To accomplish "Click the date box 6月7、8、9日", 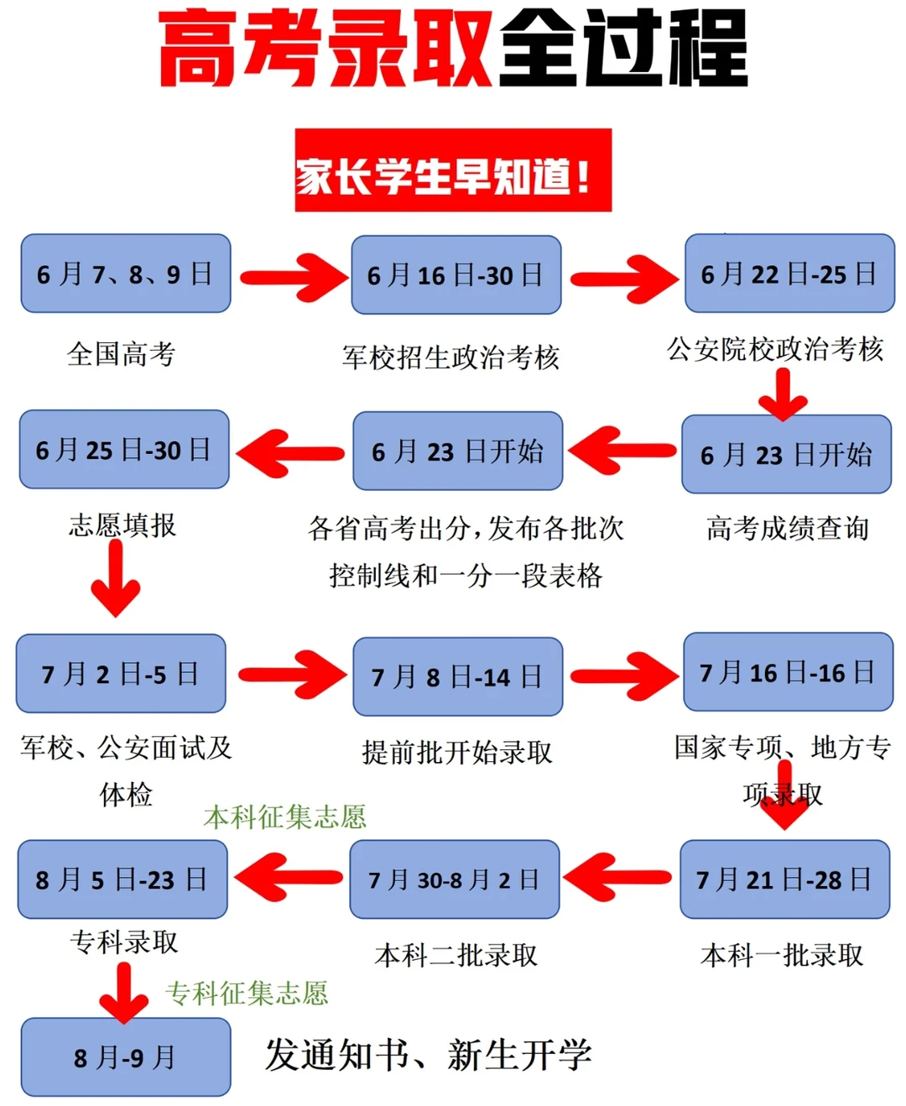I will point(126,274).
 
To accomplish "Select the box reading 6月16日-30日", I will point(456,275).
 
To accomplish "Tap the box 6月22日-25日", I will point(789,274).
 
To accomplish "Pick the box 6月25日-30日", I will point(124,450).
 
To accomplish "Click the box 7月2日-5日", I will point(121,674).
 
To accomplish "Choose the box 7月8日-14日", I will point(457,676).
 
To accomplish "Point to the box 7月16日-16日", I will point(788,672).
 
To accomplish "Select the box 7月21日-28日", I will point(784,879).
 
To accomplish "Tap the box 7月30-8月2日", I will point(454,879).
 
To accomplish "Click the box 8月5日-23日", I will point(122,879).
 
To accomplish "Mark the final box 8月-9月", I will point(126,1057).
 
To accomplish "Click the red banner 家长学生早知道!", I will point(453,170).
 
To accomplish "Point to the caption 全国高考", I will point(122,354).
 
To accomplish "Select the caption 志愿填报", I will point(122,525).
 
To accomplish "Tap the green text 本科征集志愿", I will point(285,816).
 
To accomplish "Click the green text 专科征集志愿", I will point(247,994).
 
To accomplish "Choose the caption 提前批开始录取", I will point(457,753).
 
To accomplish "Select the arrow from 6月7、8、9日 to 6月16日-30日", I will point(292,277).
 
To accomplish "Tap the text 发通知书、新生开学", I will point(429,1055).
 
